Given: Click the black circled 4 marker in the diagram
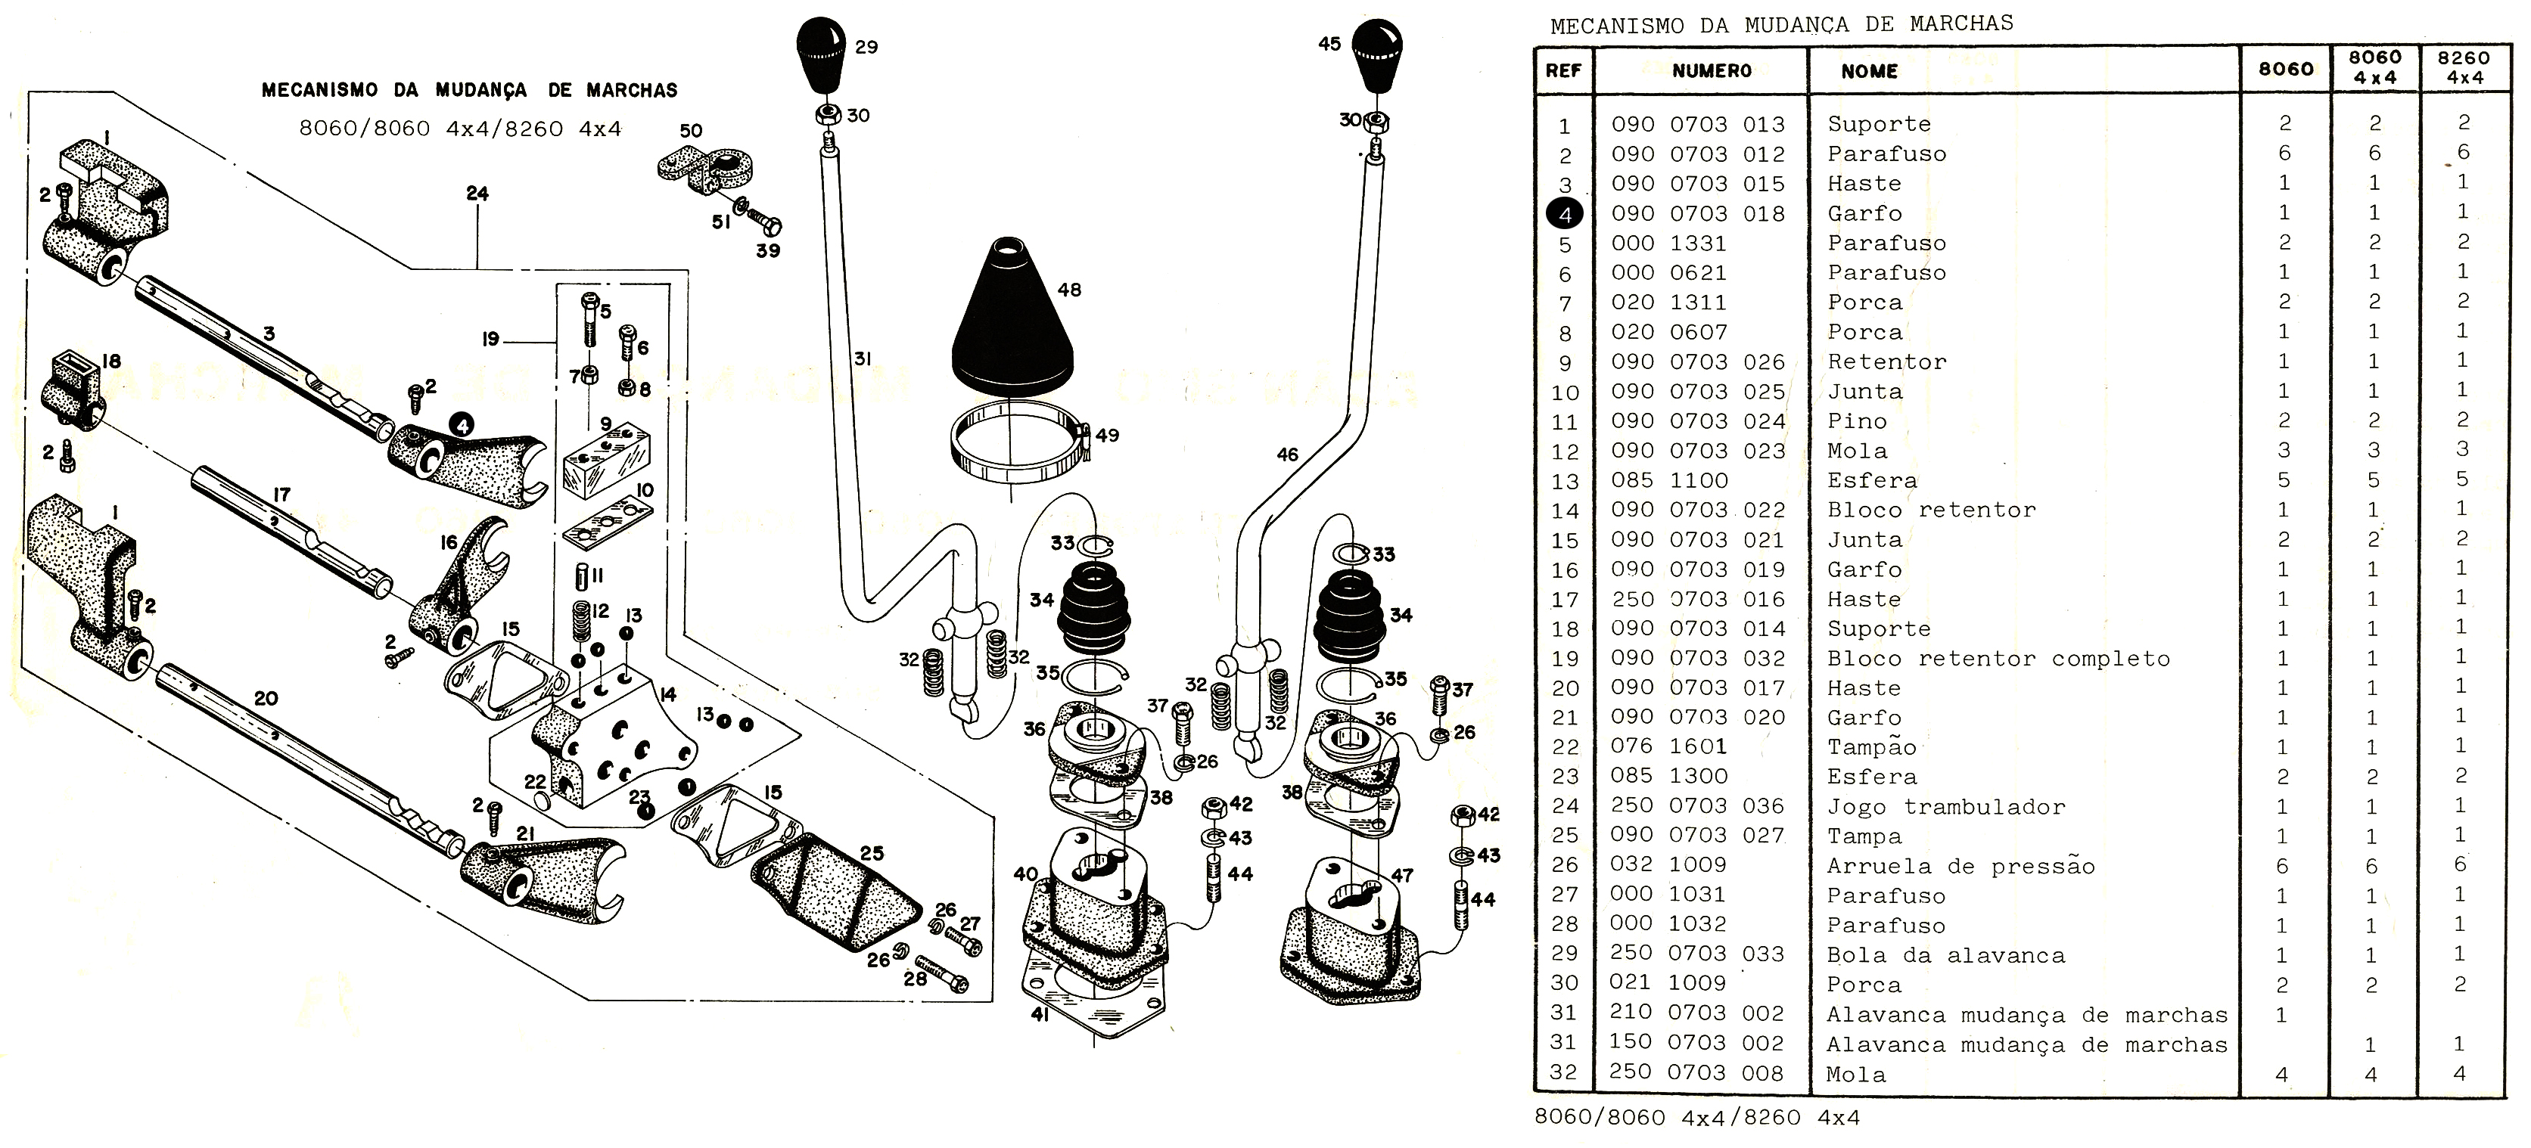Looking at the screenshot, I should (461, 424).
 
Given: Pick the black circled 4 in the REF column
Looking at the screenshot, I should (1564, 214).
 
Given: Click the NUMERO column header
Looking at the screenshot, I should (1711, 70).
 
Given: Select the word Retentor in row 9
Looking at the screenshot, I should (1886, 361).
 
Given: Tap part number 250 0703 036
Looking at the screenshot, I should (1697, 805).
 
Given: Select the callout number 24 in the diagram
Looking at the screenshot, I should (477, 194).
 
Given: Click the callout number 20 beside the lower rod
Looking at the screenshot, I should (266, 698).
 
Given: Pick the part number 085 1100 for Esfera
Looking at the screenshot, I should (1669, 480).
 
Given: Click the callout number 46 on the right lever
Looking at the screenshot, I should (1287, 455).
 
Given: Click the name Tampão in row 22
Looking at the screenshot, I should (1872, 747).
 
